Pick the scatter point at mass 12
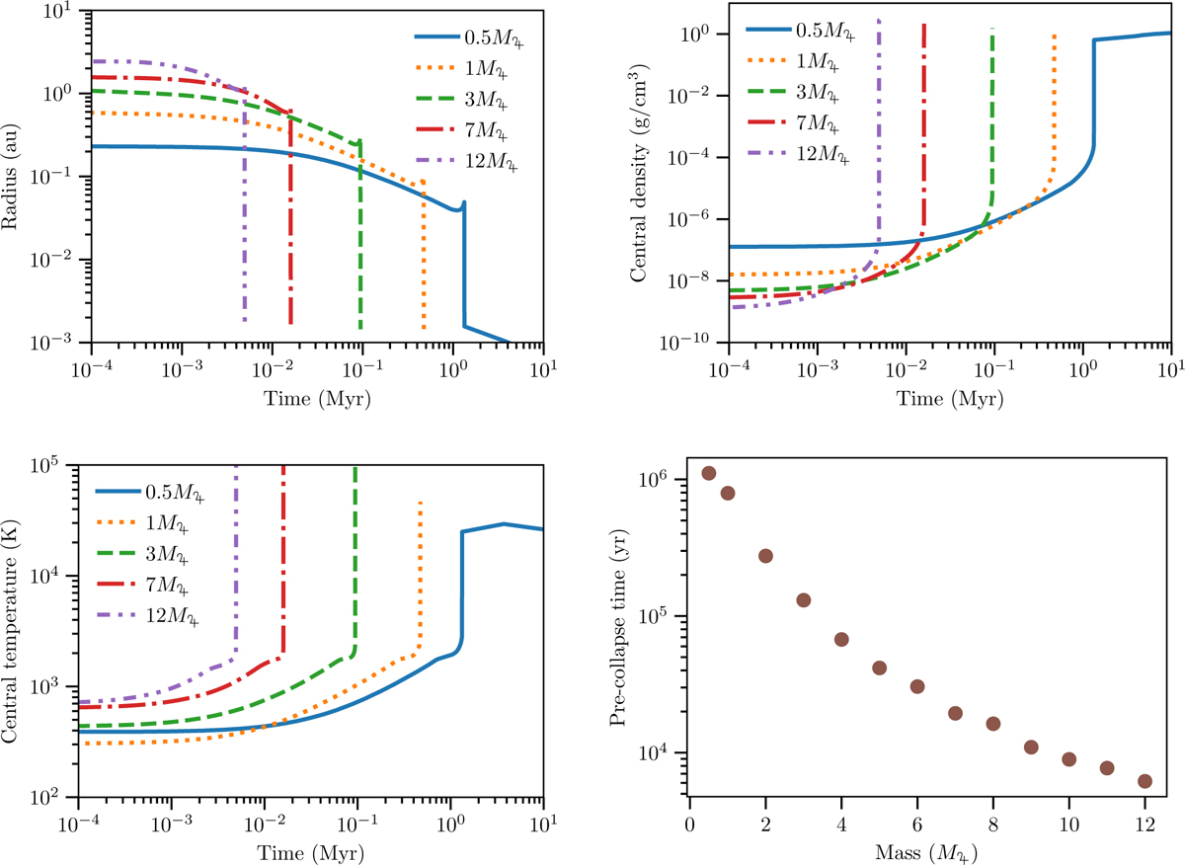coord(1145,781)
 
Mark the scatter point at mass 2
coord(765,556)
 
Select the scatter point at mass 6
coord(917,686)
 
